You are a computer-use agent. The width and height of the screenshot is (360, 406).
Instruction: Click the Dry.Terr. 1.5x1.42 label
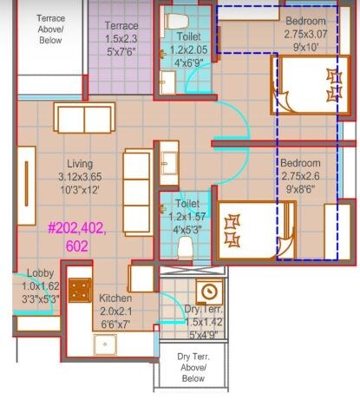(205, 322)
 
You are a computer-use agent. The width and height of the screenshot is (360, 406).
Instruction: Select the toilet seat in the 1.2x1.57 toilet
(183, 247)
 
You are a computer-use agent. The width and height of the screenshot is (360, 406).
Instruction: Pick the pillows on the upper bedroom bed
(334, 84)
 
